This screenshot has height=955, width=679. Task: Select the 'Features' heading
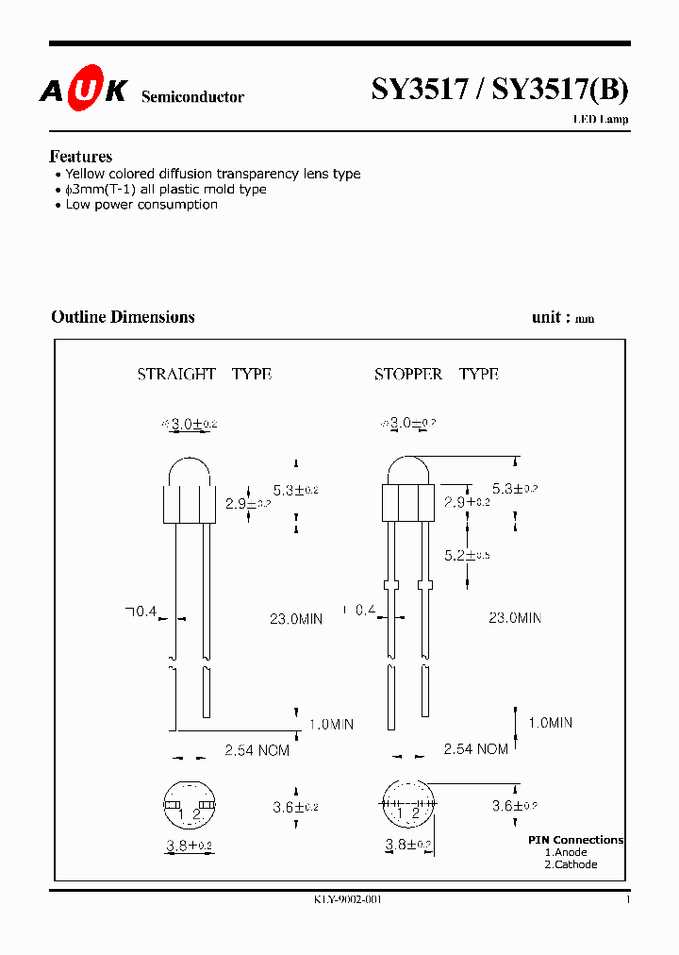[x=80, y=157]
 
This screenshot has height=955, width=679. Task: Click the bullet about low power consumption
[x=141, y=205]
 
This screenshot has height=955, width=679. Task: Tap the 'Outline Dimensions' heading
[x=123, y=317]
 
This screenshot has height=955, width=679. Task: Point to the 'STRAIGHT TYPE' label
[x=204, y=375]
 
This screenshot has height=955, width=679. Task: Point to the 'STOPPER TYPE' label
[x=436, y=375]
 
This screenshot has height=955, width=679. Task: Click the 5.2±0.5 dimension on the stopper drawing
[x=467, y=555]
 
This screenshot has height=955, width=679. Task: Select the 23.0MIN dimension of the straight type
[x=296, y=619]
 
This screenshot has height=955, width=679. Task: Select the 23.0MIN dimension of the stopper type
[x=515, y=618]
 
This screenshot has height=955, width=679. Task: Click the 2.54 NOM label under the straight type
[x=257, y=750]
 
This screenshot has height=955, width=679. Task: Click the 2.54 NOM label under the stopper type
[x=475, y=749]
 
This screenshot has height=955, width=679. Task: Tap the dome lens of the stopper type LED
[x=406, y=472]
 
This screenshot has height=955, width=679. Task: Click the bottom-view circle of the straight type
[x=190, y=805]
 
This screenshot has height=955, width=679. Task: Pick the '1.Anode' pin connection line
[x=566, y=852]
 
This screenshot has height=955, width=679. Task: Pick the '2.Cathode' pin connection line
[x=571, y=864]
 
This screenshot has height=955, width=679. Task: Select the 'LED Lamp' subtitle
[x=601, y=120]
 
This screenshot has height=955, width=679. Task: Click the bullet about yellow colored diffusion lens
[x=212, y=174]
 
